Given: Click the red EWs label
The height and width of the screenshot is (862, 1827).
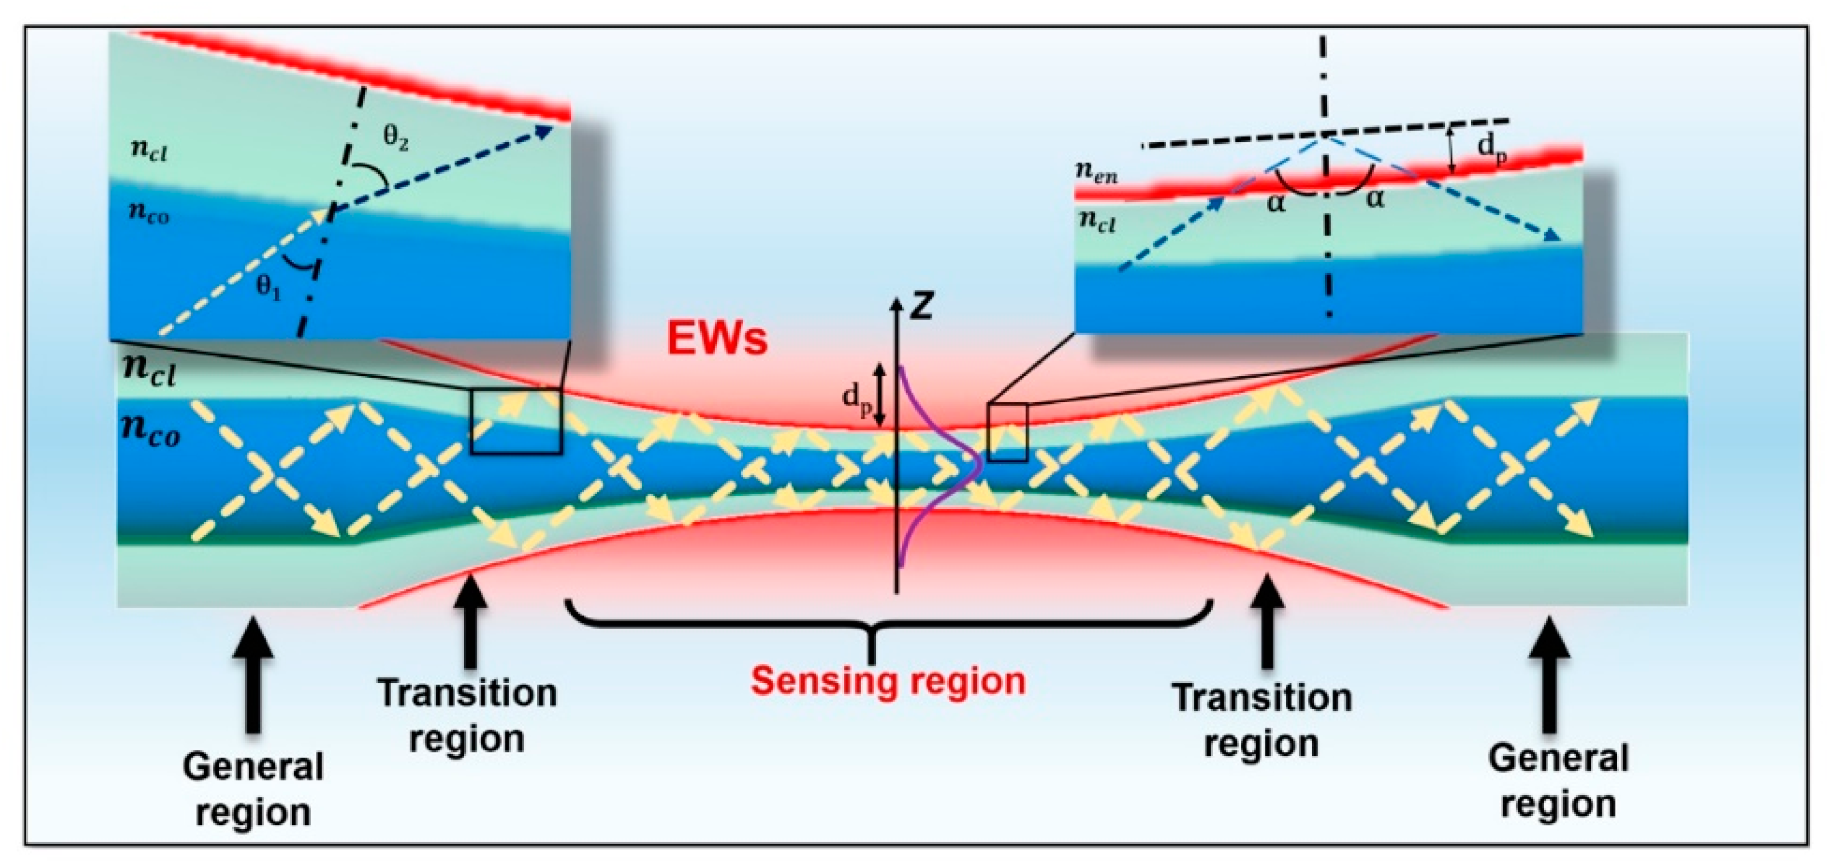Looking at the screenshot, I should click(717, 338).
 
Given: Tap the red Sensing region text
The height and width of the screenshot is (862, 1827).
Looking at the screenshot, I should click(888, 681).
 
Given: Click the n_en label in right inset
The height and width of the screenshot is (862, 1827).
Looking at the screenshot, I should click(1097, 172).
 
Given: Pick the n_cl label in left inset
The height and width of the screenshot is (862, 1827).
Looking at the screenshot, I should click(149, 151).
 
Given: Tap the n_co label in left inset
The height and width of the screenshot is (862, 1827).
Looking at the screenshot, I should click(149, 213).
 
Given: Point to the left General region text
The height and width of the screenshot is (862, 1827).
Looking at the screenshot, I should click(253, 789).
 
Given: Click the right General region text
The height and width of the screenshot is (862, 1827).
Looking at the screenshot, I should click(1558, 781).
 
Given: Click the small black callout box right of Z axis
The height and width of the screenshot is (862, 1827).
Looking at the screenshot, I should click(1007, 433).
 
